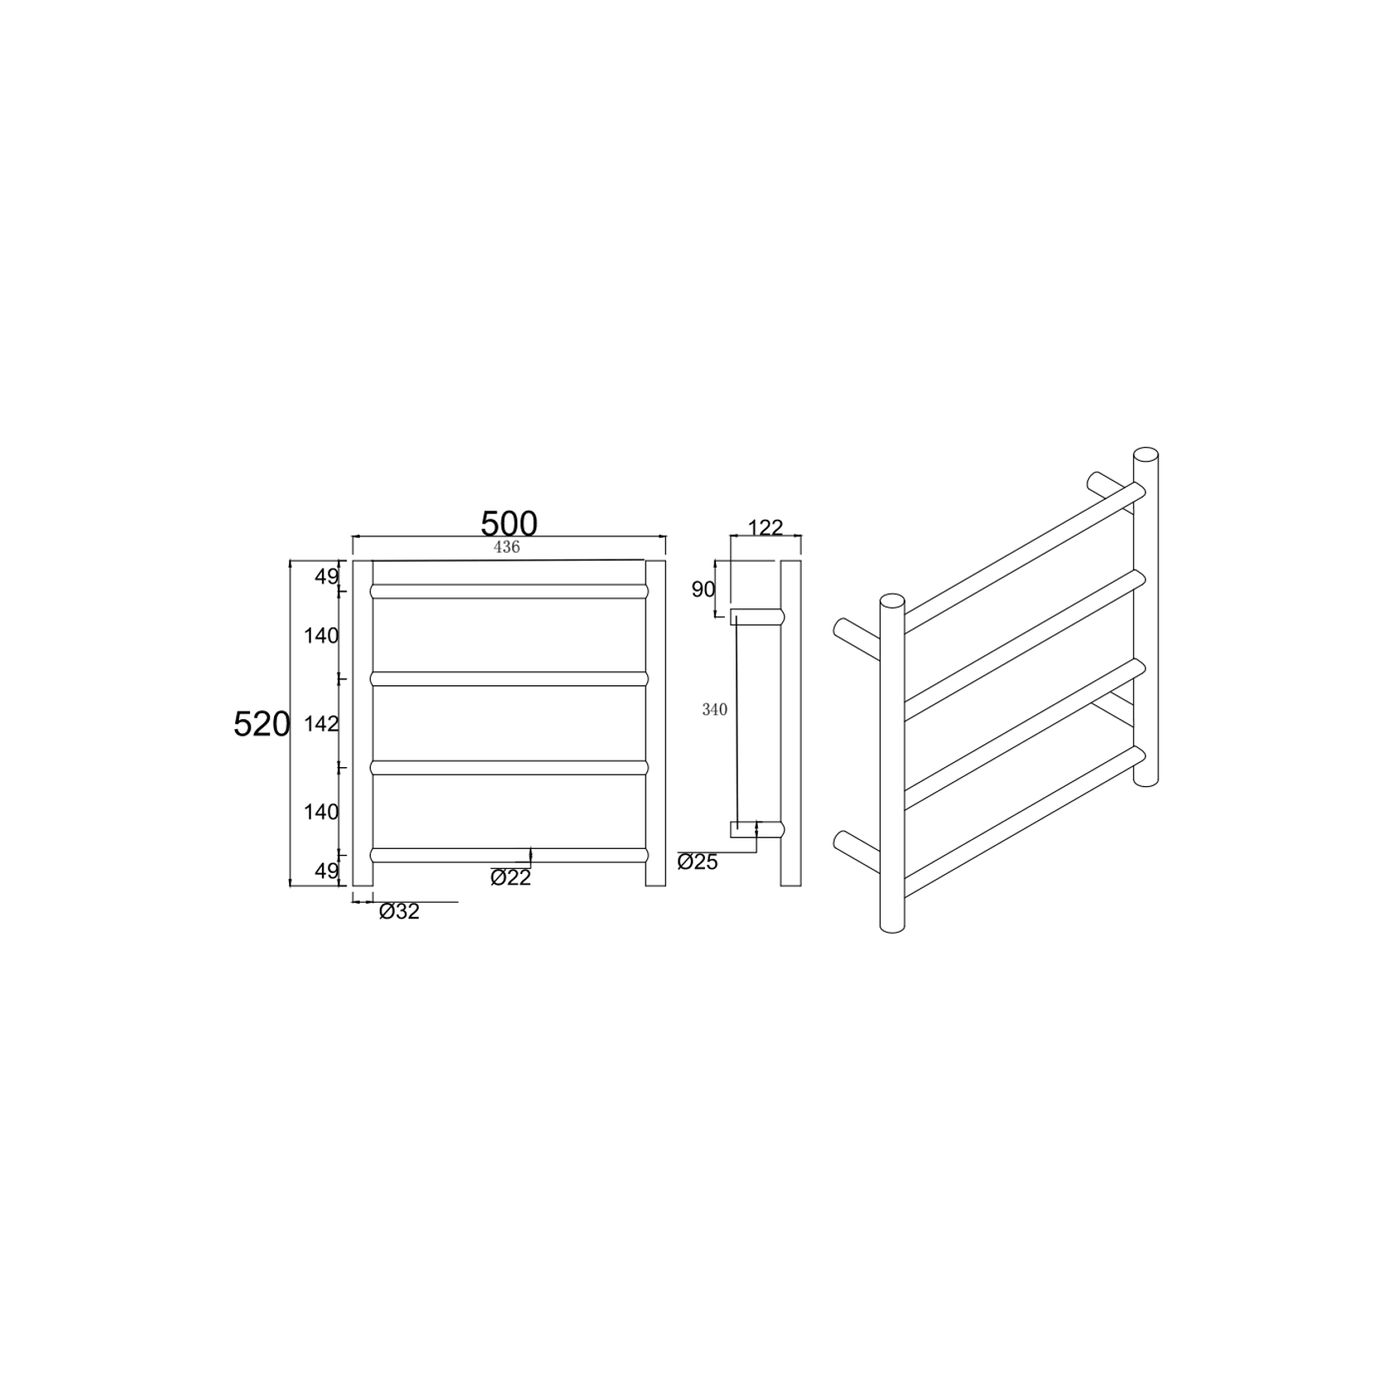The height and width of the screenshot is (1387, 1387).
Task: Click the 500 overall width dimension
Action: (x=509, y=523)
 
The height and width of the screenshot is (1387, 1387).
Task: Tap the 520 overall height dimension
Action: (x=262, y=724)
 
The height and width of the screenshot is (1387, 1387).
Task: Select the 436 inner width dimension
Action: (x=506, y=547)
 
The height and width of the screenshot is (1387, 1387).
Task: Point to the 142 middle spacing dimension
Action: (x=322, y=724)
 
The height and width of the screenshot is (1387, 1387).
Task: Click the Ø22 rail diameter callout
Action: (x=511, y=877)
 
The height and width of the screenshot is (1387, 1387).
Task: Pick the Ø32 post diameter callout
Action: (x=400, y=912)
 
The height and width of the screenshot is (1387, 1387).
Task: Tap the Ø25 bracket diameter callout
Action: (x=698, y=861)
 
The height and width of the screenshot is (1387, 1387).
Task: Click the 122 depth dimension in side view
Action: (x=765, y=528)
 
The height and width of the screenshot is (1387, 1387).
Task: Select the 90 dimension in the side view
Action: (x=703, y=589)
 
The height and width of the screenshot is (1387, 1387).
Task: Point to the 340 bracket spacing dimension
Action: (x=714, y=709)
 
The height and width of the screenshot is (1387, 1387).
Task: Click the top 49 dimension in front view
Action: (x=325, y=576)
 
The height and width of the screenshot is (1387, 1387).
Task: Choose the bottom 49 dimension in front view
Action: (x=325, y=871)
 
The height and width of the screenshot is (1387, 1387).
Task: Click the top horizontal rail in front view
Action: (x=509, y=591)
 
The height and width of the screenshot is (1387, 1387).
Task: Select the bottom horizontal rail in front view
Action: (x=509, y=855)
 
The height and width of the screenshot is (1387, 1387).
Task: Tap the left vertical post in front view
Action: (x=362, y=722)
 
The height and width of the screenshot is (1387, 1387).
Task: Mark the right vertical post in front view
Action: (x=655, y=722)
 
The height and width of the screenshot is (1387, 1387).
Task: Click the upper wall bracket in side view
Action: (x=755, y=616)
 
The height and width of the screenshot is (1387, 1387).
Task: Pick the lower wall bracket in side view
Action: (x=755, y=829)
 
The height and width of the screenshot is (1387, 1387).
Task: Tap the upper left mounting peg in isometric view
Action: (x=856, y=638)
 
